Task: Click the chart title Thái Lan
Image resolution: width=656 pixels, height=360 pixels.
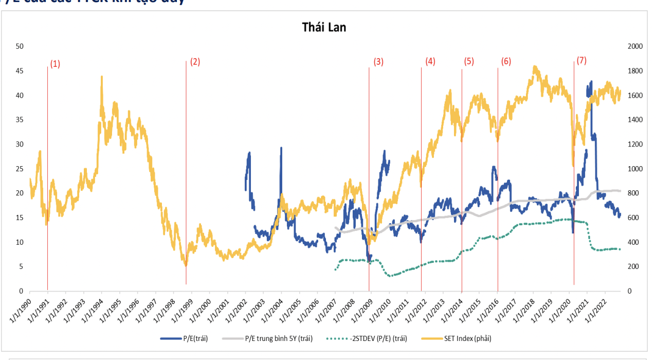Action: pos(324,28)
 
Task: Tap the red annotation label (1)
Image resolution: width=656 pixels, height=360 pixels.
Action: pos(55,64)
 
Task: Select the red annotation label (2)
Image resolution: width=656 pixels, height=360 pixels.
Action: pos(195,62)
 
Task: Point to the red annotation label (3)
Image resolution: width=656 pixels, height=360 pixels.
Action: pos(378,62)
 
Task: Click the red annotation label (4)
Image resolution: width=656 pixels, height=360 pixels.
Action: pos(430,61)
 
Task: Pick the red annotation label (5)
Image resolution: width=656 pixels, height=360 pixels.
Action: pos(469,61)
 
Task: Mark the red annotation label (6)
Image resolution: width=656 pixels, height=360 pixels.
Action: pos(506,62)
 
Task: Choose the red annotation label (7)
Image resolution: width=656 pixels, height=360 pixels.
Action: pos(581,60)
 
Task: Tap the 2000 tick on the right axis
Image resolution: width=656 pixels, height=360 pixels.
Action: pos(635,46)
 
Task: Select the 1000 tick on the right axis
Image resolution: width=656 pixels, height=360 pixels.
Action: pos(635,169)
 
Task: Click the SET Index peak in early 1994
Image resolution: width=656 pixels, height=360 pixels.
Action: pos(101,77)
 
